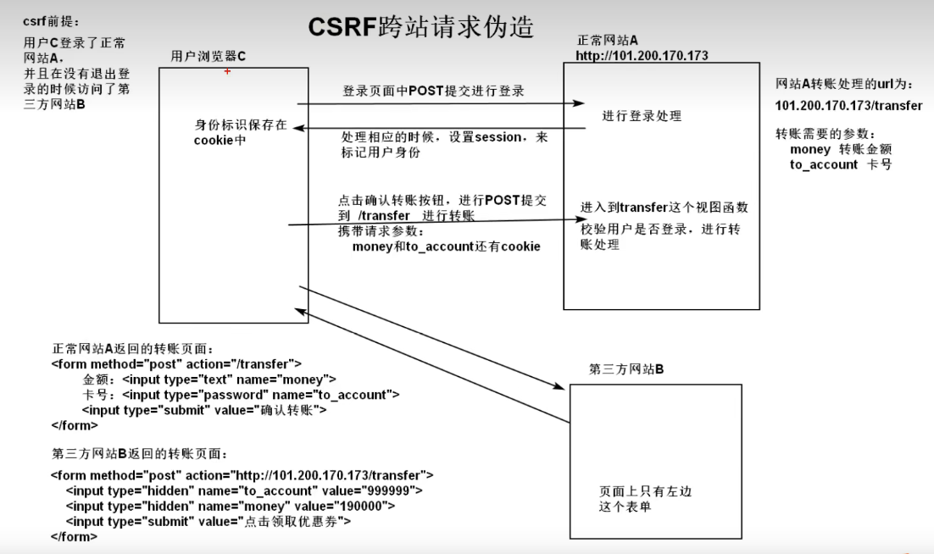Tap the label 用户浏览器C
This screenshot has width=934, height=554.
pyautogui.click(x=208, y=56)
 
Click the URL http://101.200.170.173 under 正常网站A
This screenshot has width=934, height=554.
pyautogui.click(x=642, y=56)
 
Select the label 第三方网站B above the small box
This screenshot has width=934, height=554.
pyautogui.click(x=626, y=369)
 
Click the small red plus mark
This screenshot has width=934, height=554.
pyautogui.click(x=227, y=72)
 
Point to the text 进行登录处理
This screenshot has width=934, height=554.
pyautogui.click(x=642, y=116)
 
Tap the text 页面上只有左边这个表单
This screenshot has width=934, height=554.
pyautogui.click(x=639, y=499)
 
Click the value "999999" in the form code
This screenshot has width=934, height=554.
pyautogui.click(x=390, y=490)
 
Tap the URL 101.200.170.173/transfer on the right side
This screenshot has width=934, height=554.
pyautogui.click(x=848, y=106)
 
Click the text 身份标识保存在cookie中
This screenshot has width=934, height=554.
pyautogui.click(x=240, y=133)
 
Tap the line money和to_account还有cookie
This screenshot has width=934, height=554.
pyautogui.click(x=446, y=247)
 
